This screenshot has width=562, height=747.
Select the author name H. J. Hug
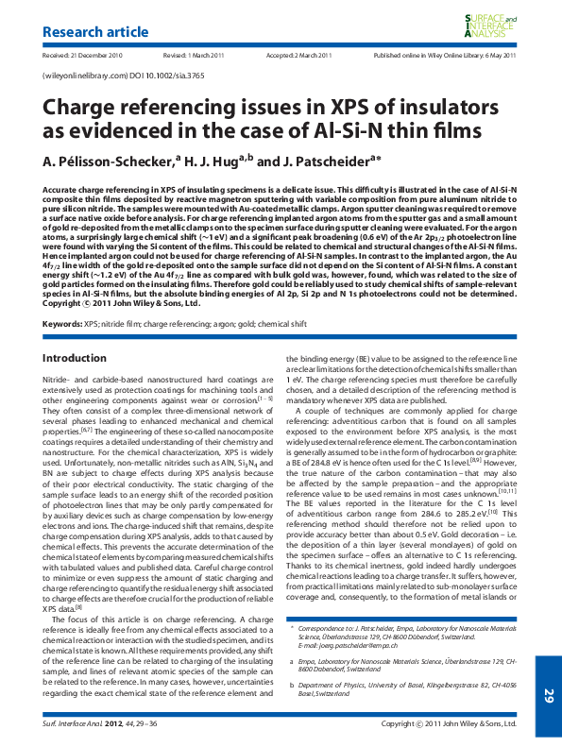tap(218, 161)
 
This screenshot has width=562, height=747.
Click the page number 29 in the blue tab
tap(548, 696)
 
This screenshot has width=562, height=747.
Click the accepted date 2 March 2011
tap(299, 56)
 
